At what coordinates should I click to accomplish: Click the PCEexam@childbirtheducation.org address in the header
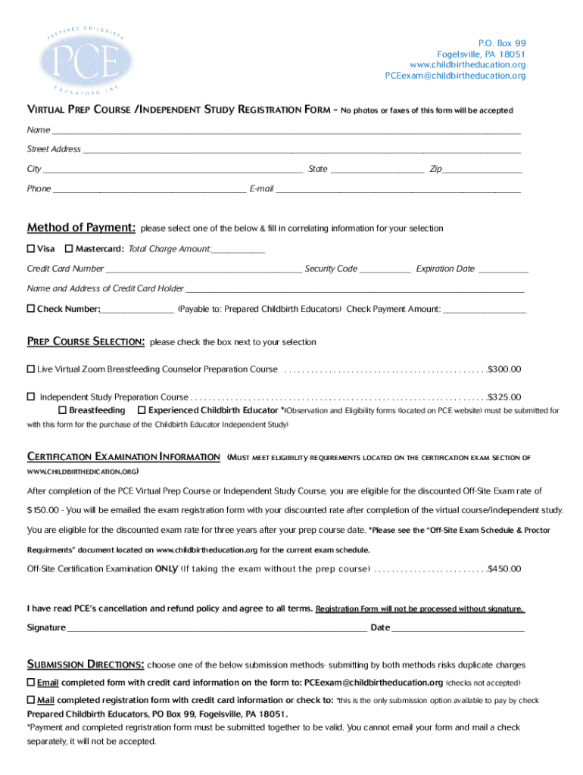pyautogui.click(x=455, y=76)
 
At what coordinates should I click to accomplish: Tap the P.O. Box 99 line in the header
pyautogui.click(x=501, y=43)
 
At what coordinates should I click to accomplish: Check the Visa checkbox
pyautogui.click(x=31, y=249)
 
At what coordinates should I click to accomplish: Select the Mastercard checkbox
pyautogui.click(x=69, y=249)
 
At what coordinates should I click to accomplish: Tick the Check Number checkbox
pyautogui.click(x=31, y=309)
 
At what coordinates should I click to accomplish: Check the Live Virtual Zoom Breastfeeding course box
pyautogui.click(x=31, y=369)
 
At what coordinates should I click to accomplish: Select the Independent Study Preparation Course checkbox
pyautogui.click(x=31, y=397)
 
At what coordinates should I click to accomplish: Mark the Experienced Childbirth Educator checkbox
pyautogui.click(x=142, y=410)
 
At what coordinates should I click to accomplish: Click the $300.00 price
pyautogui.click(x=504, y=369)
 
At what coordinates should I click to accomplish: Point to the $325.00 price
pyautogui.click(x=504, y=397)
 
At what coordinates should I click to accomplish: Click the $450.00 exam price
pyautogui.click(x=504, y=568)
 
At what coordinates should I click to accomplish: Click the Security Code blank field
pyautogui.click(x=385, y=269)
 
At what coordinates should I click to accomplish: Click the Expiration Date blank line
pyautogui.click(x=503, y=269)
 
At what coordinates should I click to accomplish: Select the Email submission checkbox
pyautogui.click(x=31, y=682)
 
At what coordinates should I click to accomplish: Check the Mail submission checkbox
pyautogui.click(x=31, y=700)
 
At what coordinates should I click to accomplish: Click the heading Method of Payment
pyautogui.click(x=82, y=228)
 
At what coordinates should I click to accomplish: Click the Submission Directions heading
pyautogui.click(x=86, y=665)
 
